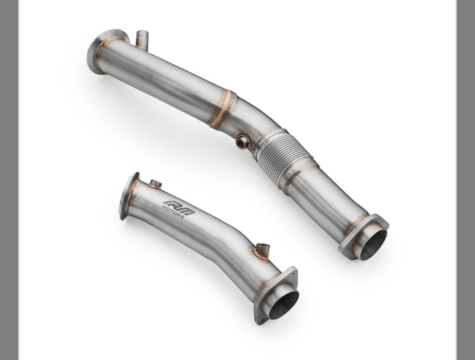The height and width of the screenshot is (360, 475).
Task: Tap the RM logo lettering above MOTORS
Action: (179, 207)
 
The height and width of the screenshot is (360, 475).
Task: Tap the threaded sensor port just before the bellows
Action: (243, 141)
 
